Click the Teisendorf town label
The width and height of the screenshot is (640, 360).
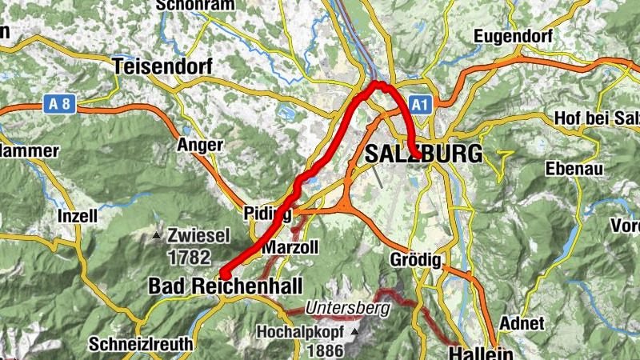(x=163, y=67)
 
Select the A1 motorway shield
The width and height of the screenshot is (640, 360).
(x=421, y=104)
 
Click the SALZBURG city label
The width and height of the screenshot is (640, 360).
(x=424, y=154)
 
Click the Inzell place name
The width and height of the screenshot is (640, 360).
(x=78, y=216)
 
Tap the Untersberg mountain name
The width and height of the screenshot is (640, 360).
(x=347, y=307)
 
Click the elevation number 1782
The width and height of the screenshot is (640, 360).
(x=190, y=258)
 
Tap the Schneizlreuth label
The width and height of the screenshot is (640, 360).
(x=141, y=344)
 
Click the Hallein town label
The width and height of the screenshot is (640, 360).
(x=480, y=352)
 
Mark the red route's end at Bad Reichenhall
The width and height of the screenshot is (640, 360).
(x=224, y=275)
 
